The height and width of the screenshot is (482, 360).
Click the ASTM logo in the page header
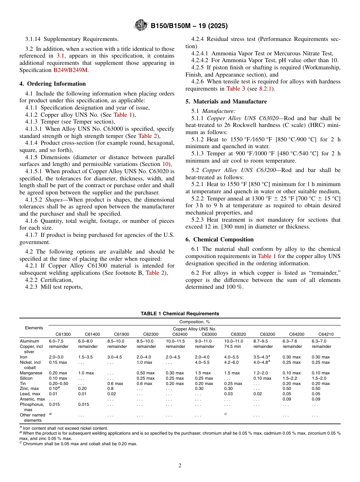point(141,26)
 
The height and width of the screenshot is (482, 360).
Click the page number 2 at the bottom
point(180,466)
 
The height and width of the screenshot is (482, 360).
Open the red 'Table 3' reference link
point(236,89)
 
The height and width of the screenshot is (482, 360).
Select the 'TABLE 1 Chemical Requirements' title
point(180,313)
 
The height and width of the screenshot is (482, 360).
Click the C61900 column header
point(121,334)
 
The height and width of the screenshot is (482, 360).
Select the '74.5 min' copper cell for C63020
point(233,346)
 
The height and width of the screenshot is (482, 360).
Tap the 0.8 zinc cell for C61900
point(110,388)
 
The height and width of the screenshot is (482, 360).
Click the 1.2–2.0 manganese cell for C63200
point(261,373)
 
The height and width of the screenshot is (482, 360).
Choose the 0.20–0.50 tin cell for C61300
point(58,383)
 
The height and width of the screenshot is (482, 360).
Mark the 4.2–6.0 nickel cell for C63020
point(232,362)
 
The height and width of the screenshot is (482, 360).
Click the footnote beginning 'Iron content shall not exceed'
point(65,429)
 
